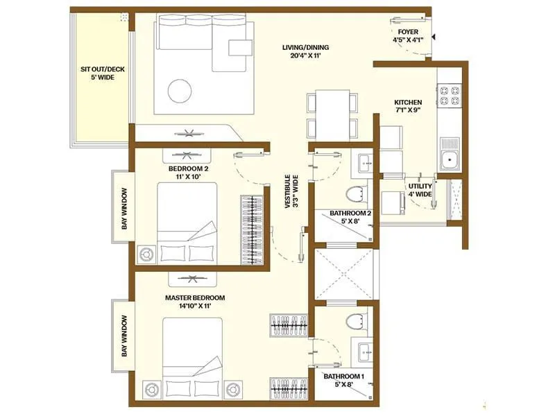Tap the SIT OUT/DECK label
click(98, 73)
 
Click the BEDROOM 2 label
click(189, 172)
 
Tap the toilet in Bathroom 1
click(355, 321)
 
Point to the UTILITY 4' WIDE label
click(420, 191)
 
